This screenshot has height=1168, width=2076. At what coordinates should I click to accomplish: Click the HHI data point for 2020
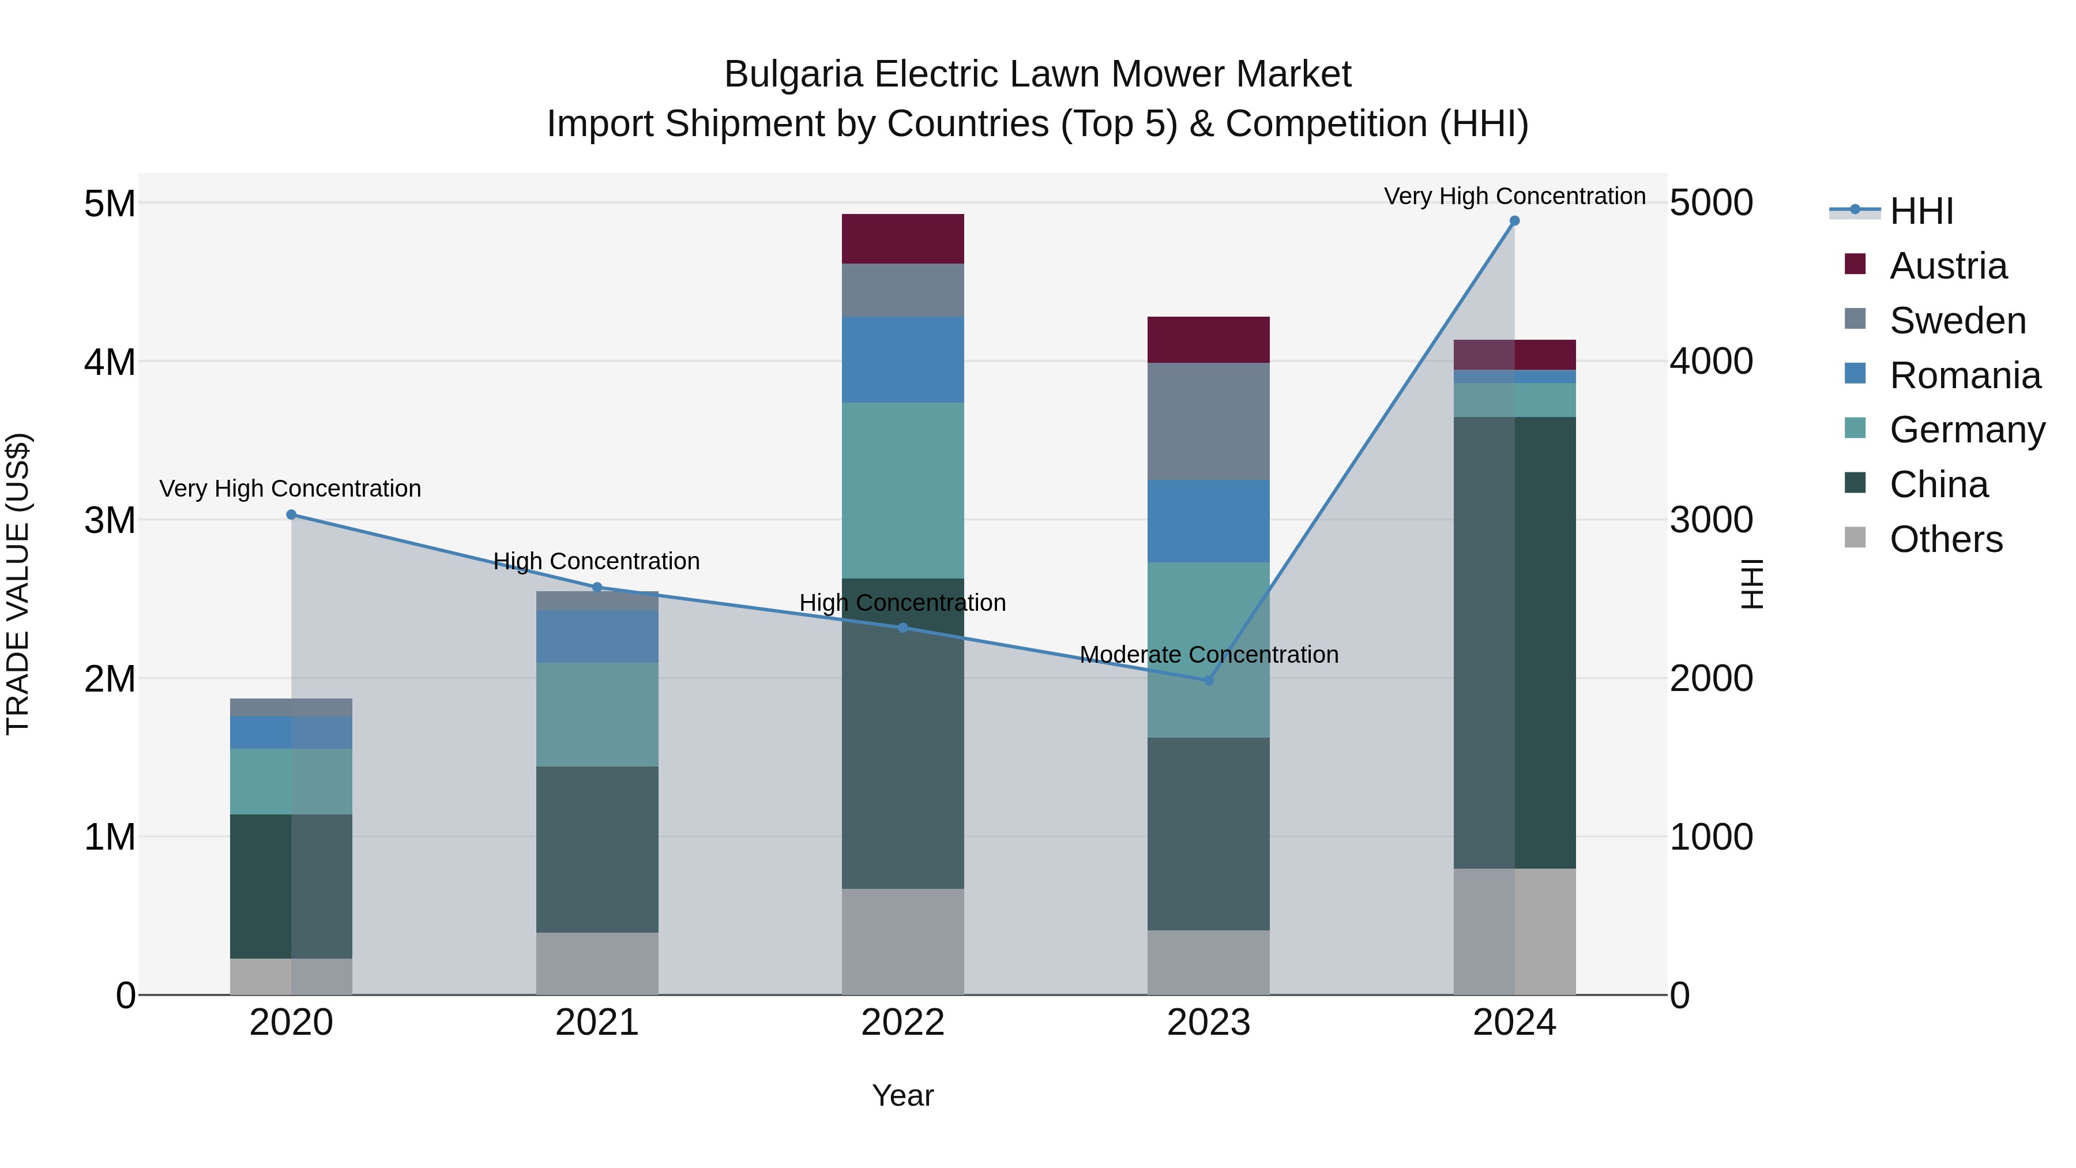(x=291, y=515)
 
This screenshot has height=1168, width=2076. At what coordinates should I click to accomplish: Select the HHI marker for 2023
(x=1208, y=681)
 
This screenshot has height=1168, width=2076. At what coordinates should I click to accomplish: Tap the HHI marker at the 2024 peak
(x=1514, y=221)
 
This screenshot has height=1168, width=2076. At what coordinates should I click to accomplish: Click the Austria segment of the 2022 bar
(x=902, y=239)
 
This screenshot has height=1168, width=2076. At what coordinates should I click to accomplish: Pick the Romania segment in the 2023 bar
(x=1208, y=521)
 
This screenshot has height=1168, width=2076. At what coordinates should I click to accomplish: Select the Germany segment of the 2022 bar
(x=902, y=490)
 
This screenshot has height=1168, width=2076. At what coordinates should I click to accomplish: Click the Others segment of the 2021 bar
(x=597, y=963)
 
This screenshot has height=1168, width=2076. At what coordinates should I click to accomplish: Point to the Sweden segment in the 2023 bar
(x=1208, y=421)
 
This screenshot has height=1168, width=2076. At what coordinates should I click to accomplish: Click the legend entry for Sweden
(x=1958, y=321)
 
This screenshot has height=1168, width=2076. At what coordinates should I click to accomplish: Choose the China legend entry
(x=1938, y=485)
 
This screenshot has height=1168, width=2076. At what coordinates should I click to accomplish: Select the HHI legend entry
(x=1921, y=211)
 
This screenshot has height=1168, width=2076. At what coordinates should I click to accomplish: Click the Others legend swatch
(x=1855, y=538)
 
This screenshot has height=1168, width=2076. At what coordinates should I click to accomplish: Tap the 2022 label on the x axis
(x=902, y=1023)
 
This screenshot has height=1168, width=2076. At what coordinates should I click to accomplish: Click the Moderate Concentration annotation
(x=1209, y=655)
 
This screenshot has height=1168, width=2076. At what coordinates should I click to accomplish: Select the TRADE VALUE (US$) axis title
(x=18, y=584)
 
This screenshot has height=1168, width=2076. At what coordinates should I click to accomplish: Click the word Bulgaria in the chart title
(x=794, y=75)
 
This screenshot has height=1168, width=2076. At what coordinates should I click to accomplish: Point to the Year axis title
(x=902, y=1095)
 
